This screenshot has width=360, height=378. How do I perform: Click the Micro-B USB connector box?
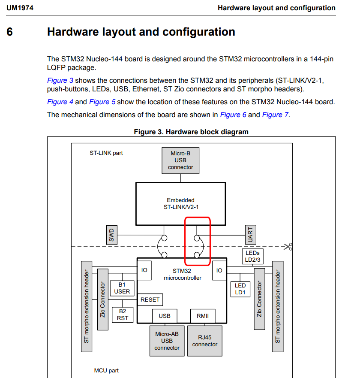180,160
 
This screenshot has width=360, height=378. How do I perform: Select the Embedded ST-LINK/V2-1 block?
180,204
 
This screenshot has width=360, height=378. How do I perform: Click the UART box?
250,235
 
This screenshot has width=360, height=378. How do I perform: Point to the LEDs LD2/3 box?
252,256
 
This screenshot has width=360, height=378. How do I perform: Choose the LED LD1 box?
240,289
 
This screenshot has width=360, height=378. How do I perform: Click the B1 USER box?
122,288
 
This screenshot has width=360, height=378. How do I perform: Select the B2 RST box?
122,314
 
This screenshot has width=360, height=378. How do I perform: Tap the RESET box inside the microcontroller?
150,299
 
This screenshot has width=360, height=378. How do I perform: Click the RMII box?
202,316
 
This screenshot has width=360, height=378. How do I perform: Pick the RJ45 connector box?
205,341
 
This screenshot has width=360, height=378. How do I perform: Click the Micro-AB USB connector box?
167,341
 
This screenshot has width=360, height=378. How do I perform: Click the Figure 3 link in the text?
60,80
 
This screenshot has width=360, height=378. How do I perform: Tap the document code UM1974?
20,8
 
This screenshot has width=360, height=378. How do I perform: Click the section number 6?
10,32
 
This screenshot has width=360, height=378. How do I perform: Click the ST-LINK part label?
106,153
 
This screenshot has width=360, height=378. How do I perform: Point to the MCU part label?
106,370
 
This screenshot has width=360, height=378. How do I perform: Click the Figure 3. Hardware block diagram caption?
191,132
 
